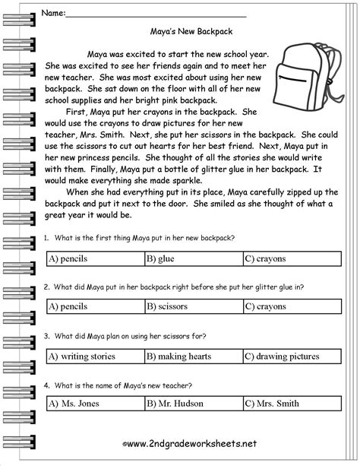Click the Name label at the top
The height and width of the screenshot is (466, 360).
(x=52, y=13)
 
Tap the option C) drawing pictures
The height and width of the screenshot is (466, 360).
(x=284, y=355)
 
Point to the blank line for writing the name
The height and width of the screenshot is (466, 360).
(x=156, y=14)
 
